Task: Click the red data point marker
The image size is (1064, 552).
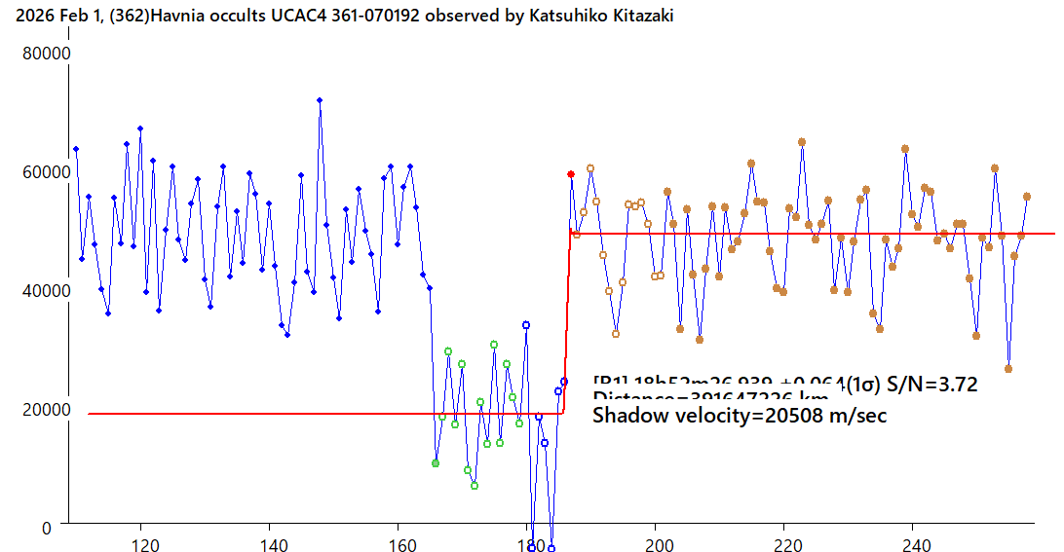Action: click(571, 174)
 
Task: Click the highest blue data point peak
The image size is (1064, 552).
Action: click(319, 100)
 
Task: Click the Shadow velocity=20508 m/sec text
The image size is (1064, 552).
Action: click(741, 415)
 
